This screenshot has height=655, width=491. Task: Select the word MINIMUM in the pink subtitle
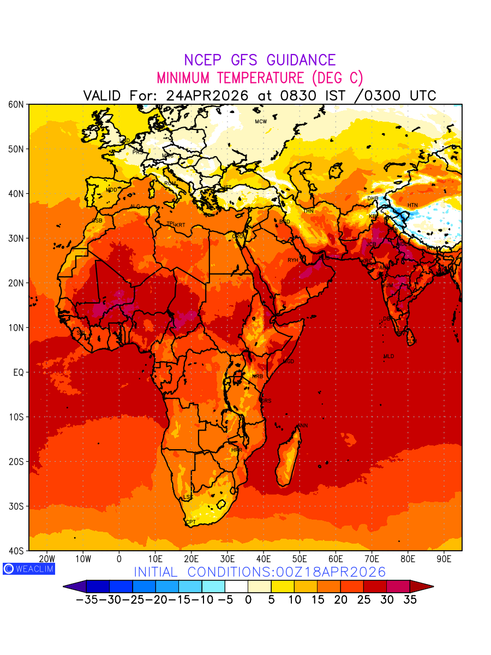[184, 78]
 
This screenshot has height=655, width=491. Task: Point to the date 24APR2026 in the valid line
[207, 96]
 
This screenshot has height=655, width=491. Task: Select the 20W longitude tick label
[47, 559]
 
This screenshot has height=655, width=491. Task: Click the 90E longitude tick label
[444, 559]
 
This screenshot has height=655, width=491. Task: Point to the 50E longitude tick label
[300, 559]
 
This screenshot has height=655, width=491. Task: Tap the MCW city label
[261, 122]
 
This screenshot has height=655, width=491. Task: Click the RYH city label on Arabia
[293, 260]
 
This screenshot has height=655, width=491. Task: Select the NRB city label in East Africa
[258, 377]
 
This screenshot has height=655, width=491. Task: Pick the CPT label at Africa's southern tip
[191, 522]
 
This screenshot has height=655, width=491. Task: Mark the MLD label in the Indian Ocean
[388, 356]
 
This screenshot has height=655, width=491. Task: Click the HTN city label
[412, 205]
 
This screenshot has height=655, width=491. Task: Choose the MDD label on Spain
[111, 190]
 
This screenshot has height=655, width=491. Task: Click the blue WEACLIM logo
[28, 569]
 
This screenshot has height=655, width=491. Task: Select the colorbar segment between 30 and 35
[398, 587]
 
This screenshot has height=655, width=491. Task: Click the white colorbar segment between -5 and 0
[236, 587]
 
